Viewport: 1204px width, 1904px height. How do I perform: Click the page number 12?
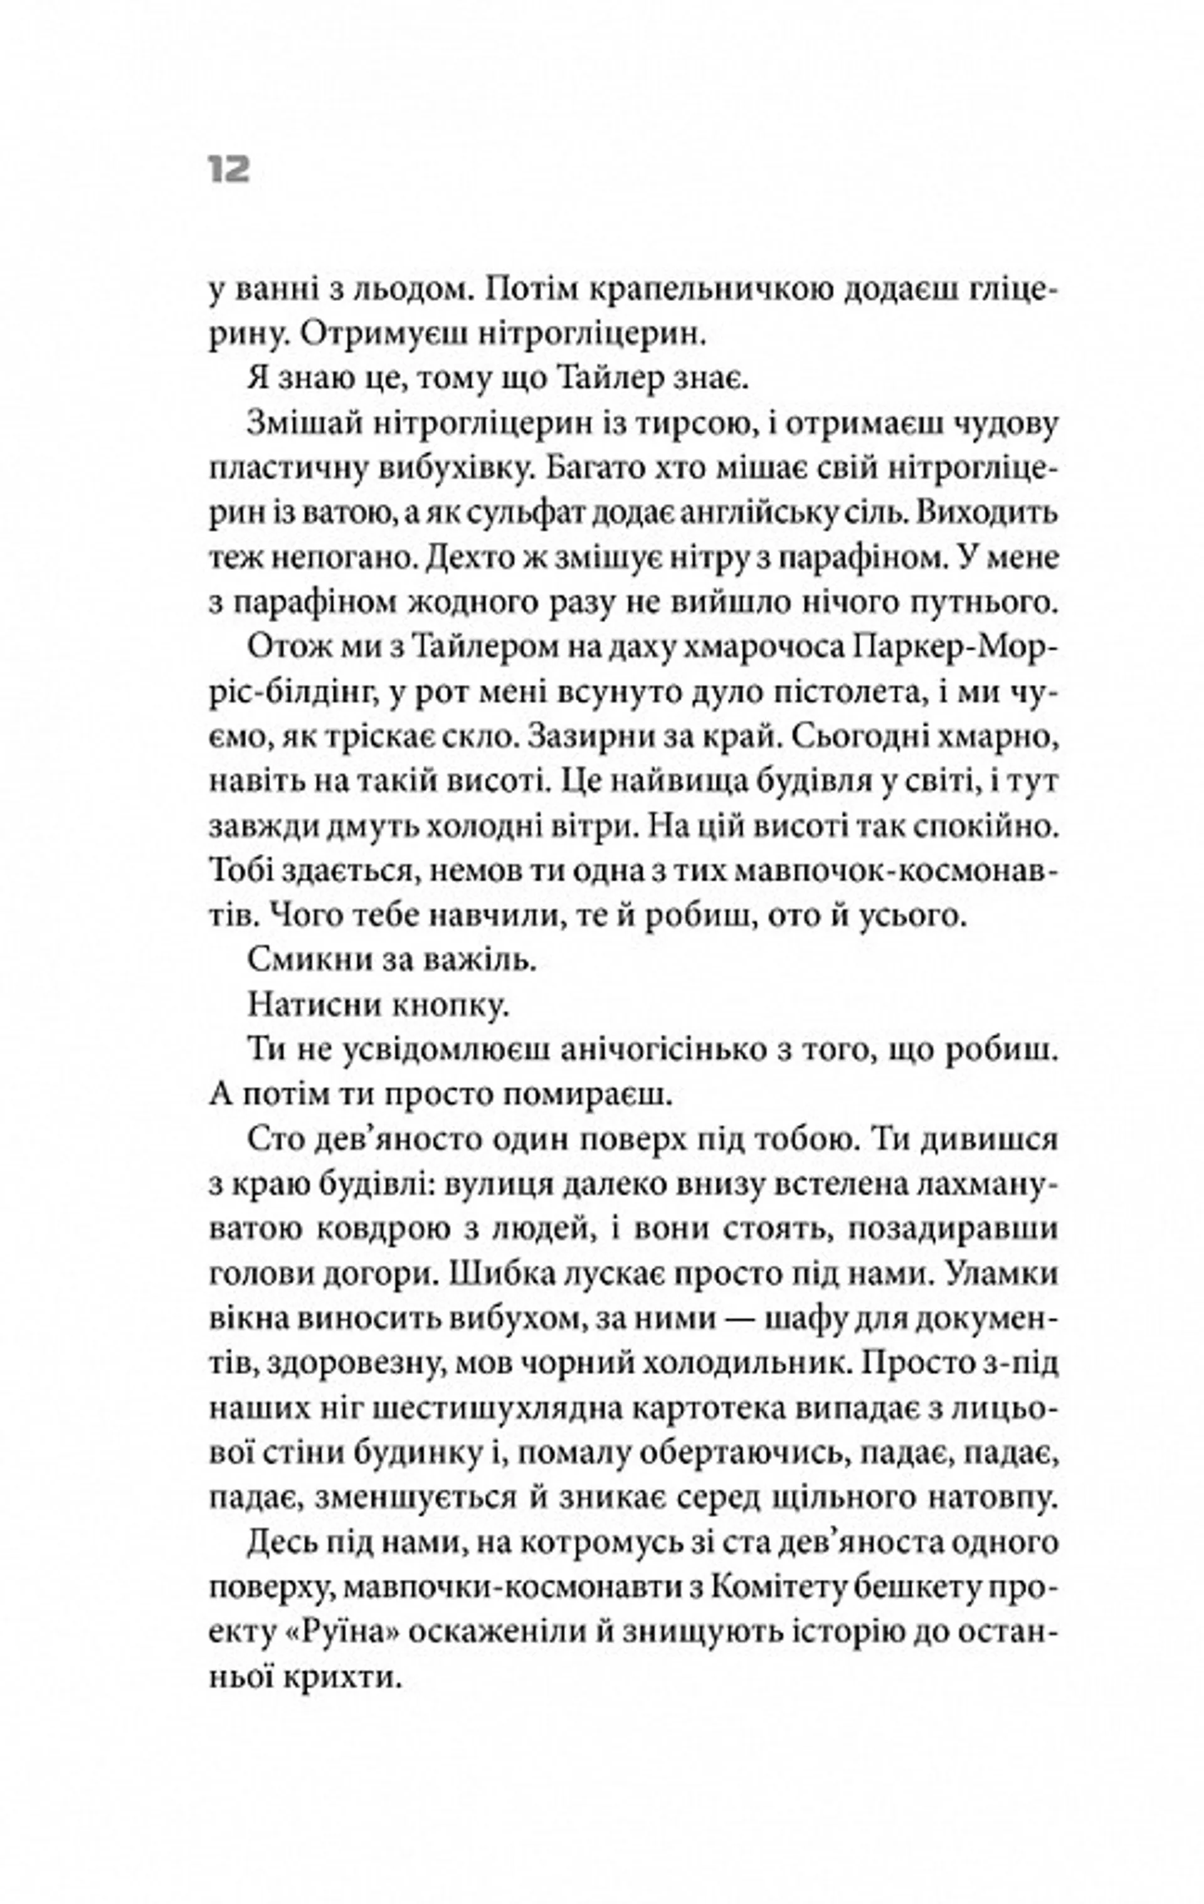pos(230,170)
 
